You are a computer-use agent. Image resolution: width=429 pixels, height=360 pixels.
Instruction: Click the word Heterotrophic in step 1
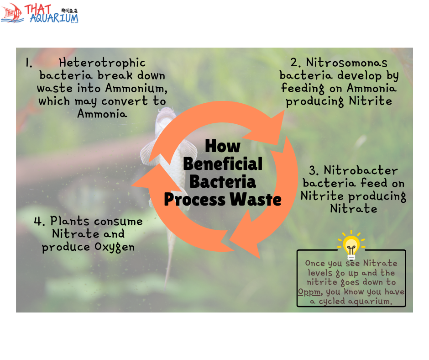[102, 63]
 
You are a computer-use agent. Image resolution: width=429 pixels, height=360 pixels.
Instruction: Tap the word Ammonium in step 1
[136, 88]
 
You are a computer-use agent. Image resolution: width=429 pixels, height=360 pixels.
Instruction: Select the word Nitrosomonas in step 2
[346, 63]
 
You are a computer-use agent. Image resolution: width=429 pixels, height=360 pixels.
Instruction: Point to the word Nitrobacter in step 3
[361, 170]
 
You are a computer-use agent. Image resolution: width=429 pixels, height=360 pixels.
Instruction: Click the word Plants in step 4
[70, 221]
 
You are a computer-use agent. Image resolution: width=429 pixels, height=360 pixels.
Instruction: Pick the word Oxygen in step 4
[115, 247]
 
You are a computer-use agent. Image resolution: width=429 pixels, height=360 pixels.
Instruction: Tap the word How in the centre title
[223, 146]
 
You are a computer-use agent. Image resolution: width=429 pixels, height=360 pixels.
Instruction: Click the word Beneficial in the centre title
[223, 164]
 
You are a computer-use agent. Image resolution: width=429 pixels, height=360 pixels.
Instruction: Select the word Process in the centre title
[194, 200]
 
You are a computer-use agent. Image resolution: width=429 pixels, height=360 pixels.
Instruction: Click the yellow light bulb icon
[351, 245]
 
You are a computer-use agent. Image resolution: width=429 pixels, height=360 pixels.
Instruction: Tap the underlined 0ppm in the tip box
[309, 292]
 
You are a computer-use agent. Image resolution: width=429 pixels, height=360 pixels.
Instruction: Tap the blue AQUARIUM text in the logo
[54, 18]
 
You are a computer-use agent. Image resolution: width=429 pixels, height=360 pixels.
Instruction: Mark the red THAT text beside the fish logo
[38, 9]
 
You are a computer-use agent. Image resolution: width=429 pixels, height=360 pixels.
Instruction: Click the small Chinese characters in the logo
[69, 11]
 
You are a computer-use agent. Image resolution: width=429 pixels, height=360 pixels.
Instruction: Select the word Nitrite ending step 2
[370, 101]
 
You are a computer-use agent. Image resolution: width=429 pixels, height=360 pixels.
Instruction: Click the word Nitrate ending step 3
[354, 209]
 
